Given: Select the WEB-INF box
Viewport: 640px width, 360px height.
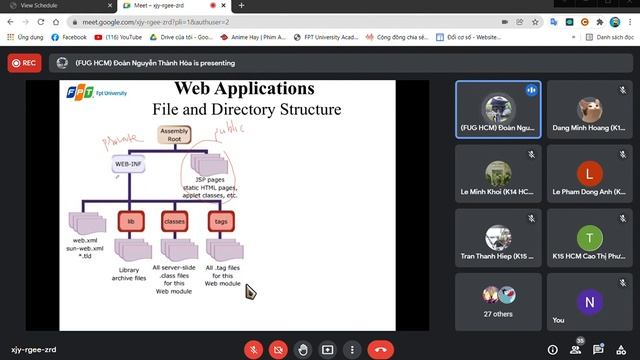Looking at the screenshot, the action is click(128, 163).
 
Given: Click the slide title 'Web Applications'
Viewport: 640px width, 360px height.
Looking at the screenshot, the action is click(244, 88).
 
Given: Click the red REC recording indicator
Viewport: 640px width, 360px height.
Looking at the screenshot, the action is click(25, 62).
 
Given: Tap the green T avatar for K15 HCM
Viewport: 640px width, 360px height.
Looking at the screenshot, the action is click(589, 237).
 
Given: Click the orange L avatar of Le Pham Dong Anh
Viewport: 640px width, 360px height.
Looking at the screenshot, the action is click(589, 172).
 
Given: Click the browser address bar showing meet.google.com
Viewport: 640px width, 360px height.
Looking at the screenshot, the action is click(200, 21).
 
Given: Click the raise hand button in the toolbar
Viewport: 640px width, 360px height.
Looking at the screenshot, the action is click(303, 350).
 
